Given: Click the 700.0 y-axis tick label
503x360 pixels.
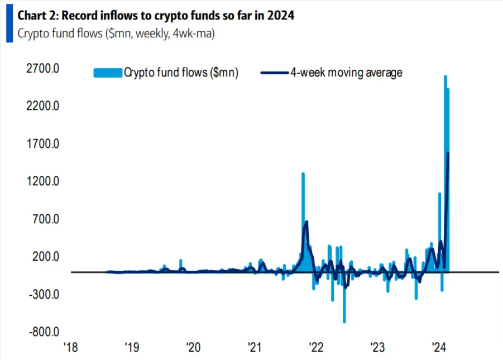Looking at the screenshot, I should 44,219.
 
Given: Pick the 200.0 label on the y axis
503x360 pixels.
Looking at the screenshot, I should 44,256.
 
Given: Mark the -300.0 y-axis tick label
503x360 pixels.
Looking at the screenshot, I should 43,294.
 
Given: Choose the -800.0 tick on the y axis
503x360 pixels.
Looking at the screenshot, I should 43,332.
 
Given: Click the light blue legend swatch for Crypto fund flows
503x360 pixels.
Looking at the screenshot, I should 107,73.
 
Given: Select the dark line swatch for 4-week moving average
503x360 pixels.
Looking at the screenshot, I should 274,73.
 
